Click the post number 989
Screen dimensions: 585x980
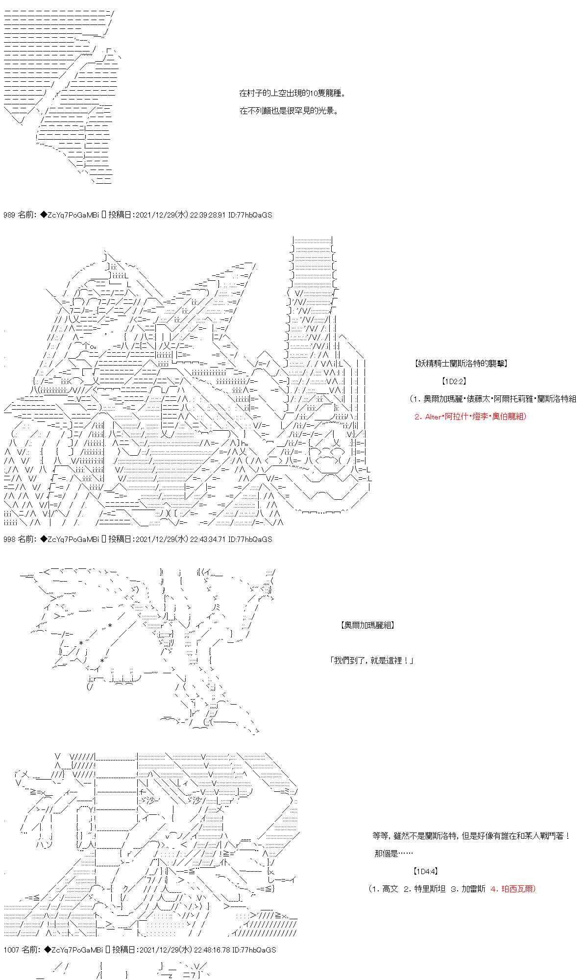coord(9,215)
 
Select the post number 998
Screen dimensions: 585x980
coord(9,539)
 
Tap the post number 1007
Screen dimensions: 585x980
coord(11,950)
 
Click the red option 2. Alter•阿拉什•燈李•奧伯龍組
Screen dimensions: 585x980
coord(469,416)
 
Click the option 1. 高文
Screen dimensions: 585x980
coord(385,889)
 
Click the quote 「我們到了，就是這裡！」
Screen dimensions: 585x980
coord(372,661)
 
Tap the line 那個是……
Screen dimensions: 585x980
coord(393,854)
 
